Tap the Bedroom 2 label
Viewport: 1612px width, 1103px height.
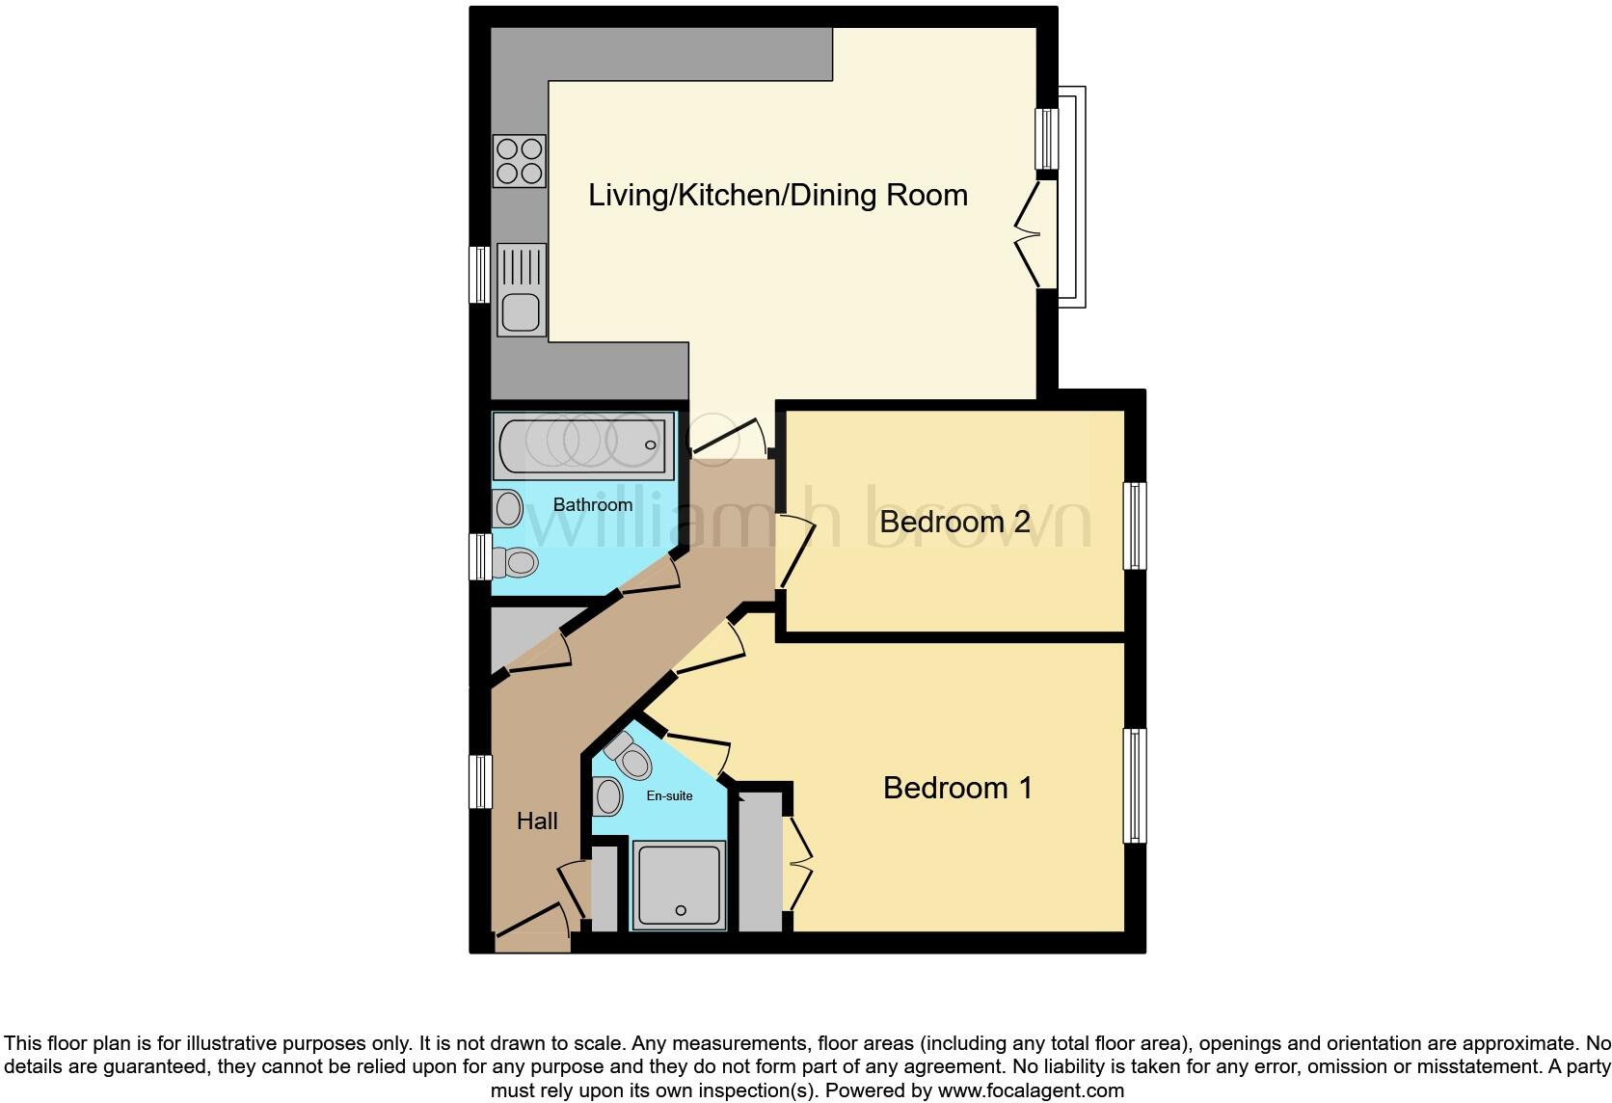click(954, 522)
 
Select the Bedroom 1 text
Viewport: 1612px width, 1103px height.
click(957, 788)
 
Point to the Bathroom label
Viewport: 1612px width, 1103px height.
click(593, 504)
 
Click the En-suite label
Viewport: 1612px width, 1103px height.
click(669, 795)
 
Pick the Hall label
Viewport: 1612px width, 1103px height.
click(537, 821)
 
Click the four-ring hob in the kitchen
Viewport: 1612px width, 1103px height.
click(520, 160)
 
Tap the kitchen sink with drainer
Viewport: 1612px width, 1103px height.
click(521, 288)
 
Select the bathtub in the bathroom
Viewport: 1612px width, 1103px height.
click(583, 444)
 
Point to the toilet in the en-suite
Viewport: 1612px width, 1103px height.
click(628, 754)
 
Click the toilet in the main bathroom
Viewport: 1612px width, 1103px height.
click(515, 561)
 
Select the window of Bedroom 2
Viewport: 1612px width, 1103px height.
click(1136, 525)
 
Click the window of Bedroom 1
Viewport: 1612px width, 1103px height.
click(1136, 786)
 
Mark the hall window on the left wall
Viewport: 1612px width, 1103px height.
click(480, 780)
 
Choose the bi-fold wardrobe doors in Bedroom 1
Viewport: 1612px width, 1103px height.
click(799, 862)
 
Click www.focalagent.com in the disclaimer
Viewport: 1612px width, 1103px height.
click(1031, 1090)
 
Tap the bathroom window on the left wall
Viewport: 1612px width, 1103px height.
click(480, 556)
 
